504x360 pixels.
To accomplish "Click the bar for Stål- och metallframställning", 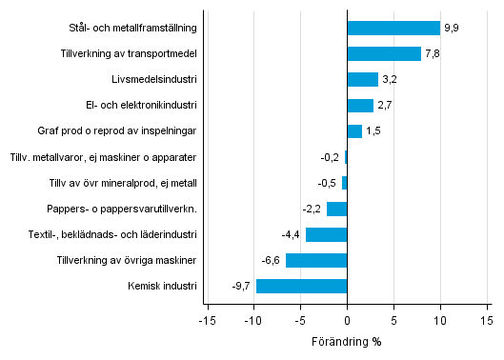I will (x=393, y=29).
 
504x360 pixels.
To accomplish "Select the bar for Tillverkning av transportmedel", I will (x=384, y=54).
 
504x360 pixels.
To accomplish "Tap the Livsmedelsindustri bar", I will (x=362, y=80).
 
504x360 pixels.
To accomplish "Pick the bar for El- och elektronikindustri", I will (x=360, y=106).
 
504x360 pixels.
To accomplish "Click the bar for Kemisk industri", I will (x=302, y=286).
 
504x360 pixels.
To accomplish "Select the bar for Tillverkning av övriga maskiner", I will (x=316, y=260).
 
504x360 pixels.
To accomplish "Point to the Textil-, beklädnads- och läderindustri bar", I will (x=327, y=234).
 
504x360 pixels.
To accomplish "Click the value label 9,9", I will (x=452, y=29).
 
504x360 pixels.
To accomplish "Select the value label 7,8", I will (x=433, y=54).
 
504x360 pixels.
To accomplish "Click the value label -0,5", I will (x=330, y=183).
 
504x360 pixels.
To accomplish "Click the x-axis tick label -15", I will (x=206, y=320).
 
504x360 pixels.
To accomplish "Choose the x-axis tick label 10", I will (x=440, y=320).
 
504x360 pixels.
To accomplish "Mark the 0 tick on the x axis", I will (x=347, y=320).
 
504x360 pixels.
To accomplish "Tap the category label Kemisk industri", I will (x=161, y=286).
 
